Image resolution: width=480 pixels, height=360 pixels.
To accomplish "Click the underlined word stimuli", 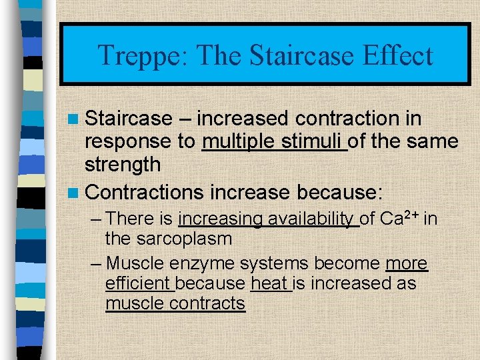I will tap(313, 141).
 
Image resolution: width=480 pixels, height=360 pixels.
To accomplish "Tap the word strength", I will tap(123, 164).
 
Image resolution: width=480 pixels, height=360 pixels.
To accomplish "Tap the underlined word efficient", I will tap(139, 283).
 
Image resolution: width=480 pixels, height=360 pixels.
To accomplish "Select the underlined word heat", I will tap(269, 283).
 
